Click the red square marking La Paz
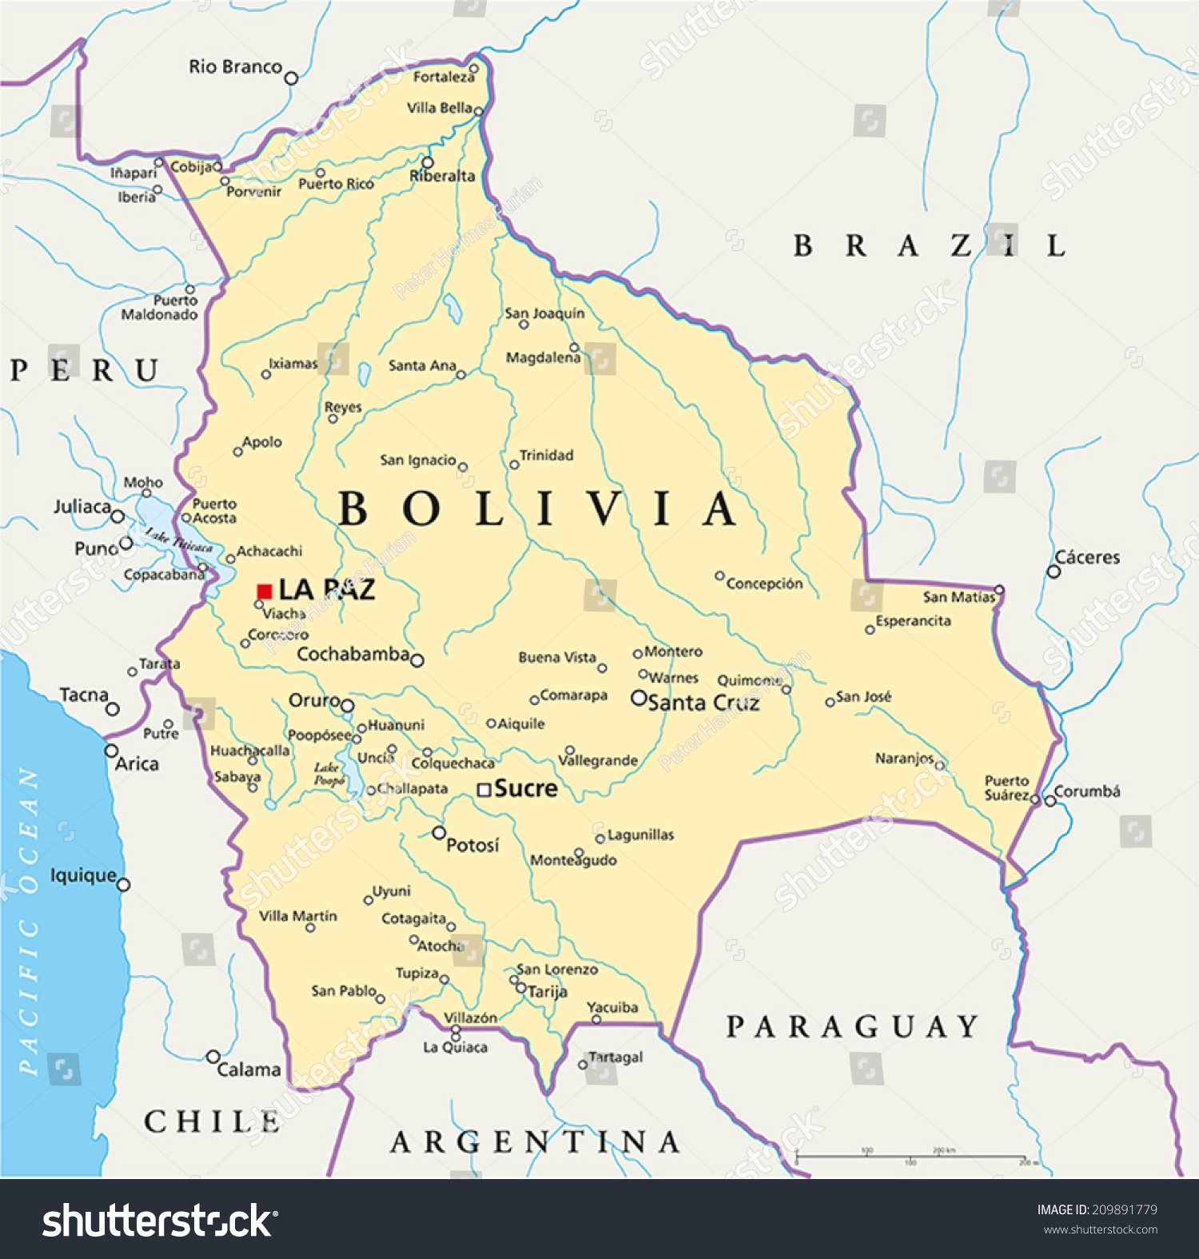pyautogui.click(x=265, y=592)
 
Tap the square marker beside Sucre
pyautogui.click(x=484, y=790)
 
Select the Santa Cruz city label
pyautogui.click(x=703, y=703)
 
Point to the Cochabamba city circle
pyautogui.click(x=416, y=660)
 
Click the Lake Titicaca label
pyautogui.click(x=179, y=540)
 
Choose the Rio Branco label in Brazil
pyautogui.click(x=235, y=66)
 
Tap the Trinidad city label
pyautogui.click(x=547, y=455)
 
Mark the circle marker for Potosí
pyautogui.click(x=439, y=833)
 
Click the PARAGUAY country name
pyautogui.click(x=852, y=1026)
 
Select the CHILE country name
pyautogui.click(x=213, y=1122)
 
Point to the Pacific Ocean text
pyautogui.click(x=29, y=919)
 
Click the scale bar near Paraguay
pyautogui.click(x=911, y=1156)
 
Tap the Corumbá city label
pyautogui.click(x=1087, y=791)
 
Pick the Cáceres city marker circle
pyautogui.click(x=1054, y=572)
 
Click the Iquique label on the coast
pyautogui.click(x=83, y=875)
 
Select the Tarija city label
pyautogui.click(x=548, y=991)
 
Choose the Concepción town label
pyautogui.click(x=764, y=584)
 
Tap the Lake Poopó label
pyautogui.click(x=329, y=774)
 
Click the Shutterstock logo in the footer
pyautogui.click(x=160, y=1221)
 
